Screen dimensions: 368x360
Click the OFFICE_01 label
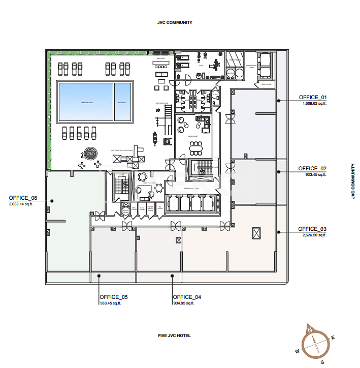[x=313, y=97]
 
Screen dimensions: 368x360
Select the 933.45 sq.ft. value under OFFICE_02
[x=315, y=174]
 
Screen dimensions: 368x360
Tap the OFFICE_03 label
[x=312, y=229]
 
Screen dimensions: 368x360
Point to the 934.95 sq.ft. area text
[x=184, y=303]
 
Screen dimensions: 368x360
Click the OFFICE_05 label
[x=114, y=297]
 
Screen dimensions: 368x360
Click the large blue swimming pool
[x=85, y=102]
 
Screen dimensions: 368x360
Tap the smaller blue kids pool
[x=123, y=102]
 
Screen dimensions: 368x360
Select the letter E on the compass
[x=333, y=338]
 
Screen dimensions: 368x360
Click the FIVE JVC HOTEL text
[x=175, y=335]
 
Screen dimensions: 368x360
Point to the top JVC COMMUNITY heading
[x=175, y=22]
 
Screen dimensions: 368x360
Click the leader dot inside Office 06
[x=52, y=201]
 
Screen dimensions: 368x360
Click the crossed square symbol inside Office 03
[x=257, y=233]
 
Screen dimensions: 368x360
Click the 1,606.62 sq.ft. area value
[x=315, y=103]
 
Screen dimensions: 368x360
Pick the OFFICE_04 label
[x=187, y=297]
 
